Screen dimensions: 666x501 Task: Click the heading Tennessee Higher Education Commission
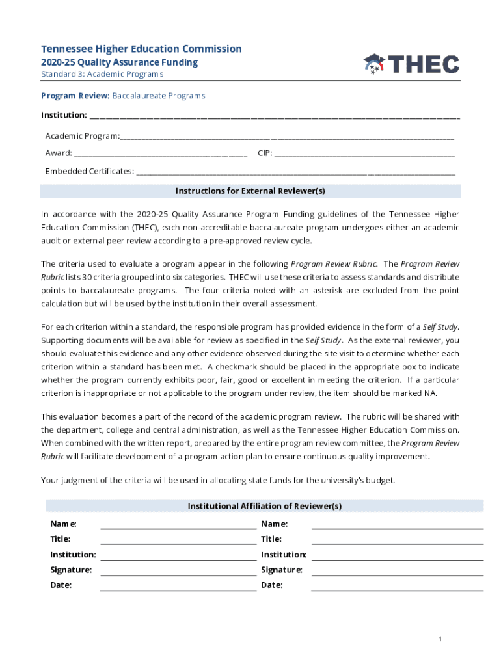[x=141, y=49]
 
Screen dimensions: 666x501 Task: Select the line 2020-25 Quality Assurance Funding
[x=119, y=62]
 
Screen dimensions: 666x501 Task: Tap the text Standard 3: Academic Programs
[x=102, y=74]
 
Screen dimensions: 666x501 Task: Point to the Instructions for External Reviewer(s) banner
[x=251, y=191]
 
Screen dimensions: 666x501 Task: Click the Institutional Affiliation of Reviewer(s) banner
[x=264, y=506]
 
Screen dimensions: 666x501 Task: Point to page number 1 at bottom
[x=440, y=639]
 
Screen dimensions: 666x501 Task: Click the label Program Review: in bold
[x=75, y=96]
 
